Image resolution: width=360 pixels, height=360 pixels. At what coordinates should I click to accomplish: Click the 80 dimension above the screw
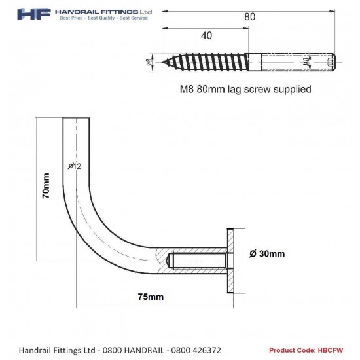coord(249,18)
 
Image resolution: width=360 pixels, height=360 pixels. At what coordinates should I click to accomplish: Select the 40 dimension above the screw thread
coord(206,37)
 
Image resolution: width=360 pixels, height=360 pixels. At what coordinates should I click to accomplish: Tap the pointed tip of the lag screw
coord(164,63)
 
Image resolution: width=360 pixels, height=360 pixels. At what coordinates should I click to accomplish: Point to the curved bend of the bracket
coord(99,229)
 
